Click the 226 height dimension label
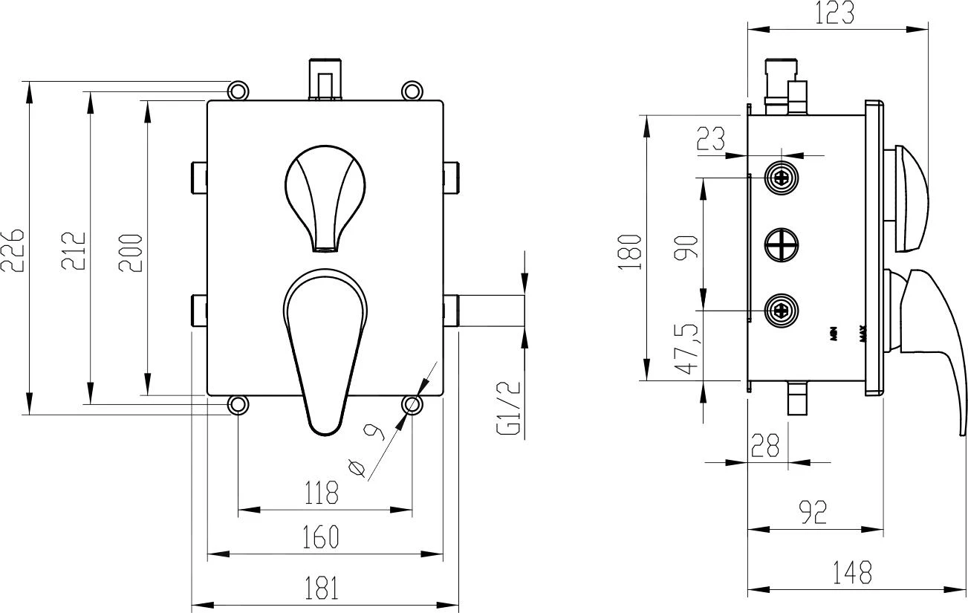(14, 250)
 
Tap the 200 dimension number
(131, 252)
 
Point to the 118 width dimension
(321, 492)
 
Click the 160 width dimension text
(321, 536)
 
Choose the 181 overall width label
(321, 588)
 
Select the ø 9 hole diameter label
(367, 450)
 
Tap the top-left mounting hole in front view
(237, 91)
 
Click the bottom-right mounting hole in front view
(412, 404)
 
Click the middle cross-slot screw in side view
(781, 243)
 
